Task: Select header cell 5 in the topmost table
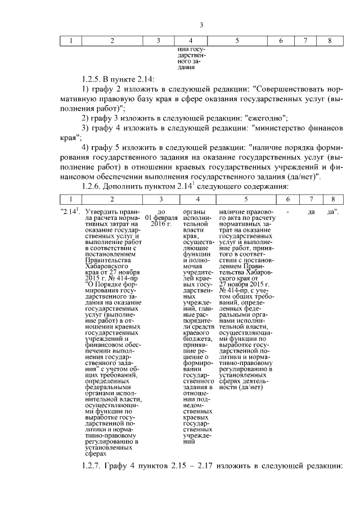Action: click(x=237, y=40)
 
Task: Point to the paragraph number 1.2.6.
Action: click(x=94, y=186)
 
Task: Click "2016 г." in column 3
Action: click(x=160, y=224)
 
